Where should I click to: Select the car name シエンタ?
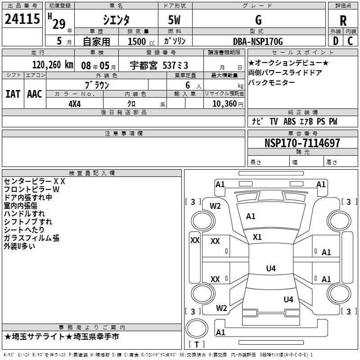116,20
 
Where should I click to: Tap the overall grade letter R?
343,21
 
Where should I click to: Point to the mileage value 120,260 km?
53,65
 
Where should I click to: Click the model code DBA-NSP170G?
258,41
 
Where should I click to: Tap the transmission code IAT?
13,94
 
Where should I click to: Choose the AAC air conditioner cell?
35,94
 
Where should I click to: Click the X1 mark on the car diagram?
257,237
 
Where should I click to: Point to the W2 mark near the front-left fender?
216,206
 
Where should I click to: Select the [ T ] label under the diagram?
197,344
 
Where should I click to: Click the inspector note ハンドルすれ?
24,214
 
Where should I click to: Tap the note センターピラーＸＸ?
35,181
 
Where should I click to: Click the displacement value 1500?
137,42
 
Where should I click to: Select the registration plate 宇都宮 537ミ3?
160,65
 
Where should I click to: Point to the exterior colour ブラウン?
97,84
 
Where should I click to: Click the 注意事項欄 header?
124,134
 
